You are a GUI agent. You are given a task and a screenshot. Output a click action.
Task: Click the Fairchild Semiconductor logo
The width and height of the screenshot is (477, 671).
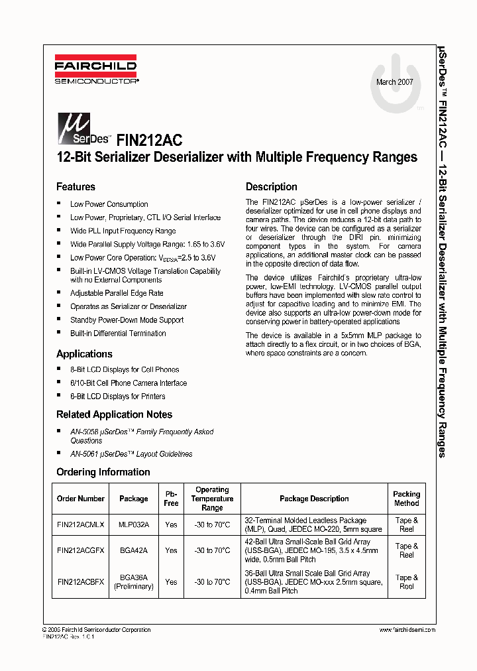coord(96,72)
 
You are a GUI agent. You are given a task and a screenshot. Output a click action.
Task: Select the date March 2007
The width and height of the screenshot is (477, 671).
coord(394,82)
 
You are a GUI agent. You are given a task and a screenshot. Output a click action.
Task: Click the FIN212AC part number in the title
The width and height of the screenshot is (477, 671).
coord(149,140)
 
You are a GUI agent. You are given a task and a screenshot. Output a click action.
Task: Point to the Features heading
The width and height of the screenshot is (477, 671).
coord(76,187)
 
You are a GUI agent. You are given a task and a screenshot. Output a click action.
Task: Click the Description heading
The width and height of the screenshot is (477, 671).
coord(272,187)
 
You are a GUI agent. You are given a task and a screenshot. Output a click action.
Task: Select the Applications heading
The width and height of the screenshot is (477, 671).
coord(84,354)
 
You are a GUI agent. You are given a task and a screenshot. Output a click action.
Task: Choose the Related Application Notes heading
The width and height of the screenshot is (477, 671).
coord(114,414)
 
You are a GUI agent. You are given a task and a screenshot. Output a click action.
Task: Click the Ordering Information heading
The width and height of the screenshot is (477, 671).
coord(103,472)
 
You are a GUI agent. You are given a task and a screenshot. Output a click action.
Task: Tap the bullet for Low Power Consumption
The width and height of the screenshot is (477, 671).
coord(59,204)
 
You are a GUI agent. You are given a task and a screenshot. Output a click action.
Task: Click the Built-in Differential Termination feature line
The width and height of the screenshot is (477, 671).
coord(118,334)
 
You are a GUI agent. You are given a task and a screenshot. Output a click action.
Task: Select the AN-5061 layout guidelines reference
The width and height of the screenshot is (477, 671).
coord(131,454)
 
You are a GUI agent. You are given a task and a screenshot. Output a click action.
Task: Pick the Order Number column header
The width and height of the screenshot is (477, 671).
coord(81,499)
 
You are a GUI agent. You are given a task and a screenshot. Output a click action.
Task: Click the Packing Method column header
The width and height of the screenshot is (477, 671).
coord(406,499)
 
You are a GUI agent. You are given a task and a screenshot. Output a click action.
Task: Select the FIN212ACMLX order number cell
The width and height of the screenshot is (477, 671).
coord(81,524)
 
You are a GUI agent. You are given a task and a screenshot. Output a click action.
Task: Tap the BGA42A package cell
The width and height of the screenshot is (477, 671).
coord(133,550)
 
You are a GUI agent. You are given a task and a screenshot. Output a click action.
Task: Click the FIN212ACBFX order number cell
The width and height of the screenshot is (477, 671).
coord(81,581)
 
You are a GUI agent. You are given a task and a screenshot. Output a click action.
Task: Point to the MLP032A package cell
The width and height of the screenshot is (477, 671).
coord(133,524)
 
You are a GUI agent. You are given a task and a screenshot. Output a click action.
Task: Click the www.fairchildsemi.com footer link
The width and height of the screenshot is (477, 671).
coord(407,630)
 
